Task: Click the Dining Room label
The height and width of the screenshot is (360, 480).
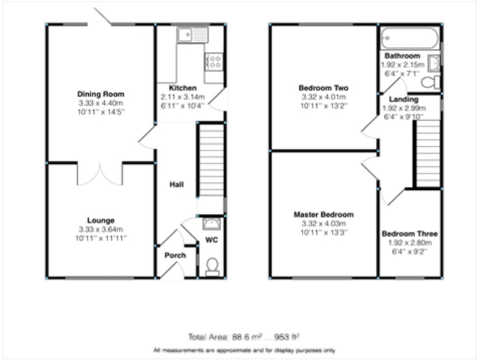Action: [x=101, y=94]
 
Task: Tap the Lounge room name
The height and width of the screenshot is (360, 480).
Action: [x=101, y=220]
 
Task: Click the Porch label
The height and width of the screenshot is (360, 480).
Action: [x=175, y=256]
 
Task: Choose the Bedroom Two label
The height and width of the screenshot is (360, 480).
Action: [x=323, y=88]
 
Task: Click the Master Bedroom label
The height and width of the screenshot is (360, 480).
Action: [x=323, y=214]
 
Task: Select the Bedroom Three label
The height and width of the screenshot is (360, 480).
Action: [x=410, y=234]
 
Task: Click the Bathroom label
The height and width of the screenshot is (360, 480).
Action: [x=402, y=56]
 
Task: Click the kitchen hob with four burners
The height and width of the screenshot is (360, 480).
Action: [x=213, y=61]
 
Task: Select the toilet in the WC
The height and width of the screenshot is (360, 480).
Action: [x=212, y=266]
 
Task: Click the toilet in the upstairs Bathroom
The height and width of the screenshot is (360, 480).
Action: [x=431, y=82]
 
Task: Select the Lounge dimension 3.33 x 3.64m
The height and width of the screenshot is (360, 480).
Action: [x=101, y=229]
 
